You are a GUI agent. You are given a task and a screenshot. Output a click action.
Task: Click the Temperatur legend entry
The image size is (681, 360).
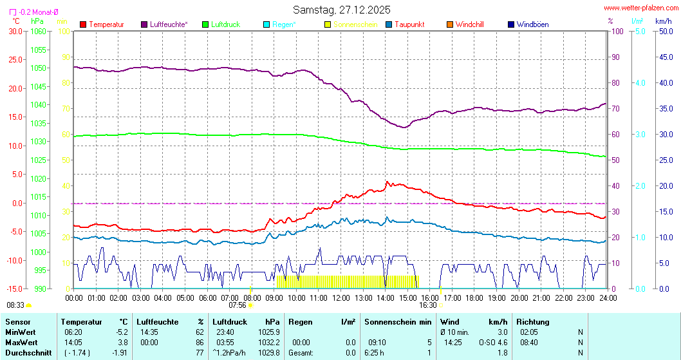click(106, 24)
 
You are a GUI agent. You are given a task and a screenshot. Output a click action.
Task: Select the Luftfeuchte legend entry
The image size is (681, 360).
click(169, 24)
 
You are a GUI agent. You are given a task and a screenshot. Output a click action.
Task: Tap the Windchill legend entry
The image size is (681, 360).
click(469, 24)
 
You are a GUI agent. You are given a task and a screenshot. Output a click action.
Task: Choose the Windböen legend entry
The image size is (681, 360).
click(532, 24)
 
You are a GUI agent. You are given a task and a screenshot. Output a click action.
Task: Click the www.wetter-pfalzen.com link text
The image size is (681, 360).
click(640, 8)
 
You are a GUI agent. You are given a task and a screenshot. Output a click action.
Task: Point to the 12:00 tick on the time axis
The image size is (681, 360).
click(341, 298)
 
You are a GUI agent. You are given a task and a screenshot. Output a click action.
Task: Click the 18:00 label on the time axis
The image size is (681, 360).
click(474, 298)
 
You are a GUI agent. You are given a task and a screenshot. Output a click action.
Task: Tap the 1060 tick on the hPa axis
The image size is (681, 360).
click(38, 31)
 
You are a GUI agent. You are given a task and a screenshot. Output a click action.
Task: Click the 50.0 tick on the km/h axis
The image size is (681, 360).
click(664, 31)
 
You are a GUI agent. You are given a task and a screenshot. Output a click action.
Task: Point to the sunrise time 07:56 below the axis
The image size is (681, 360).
click(237, 305)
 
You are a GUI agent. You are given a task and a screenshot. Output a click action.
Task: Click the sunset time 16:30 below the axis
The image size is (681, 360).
click(428, 305)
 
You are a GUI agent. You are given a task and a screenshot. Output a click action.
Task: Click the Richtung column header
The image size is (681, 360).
click(533, 321)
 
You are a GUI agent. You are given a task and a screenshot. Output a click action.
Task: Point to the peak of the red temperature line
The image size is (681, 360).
click(387, 182)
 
